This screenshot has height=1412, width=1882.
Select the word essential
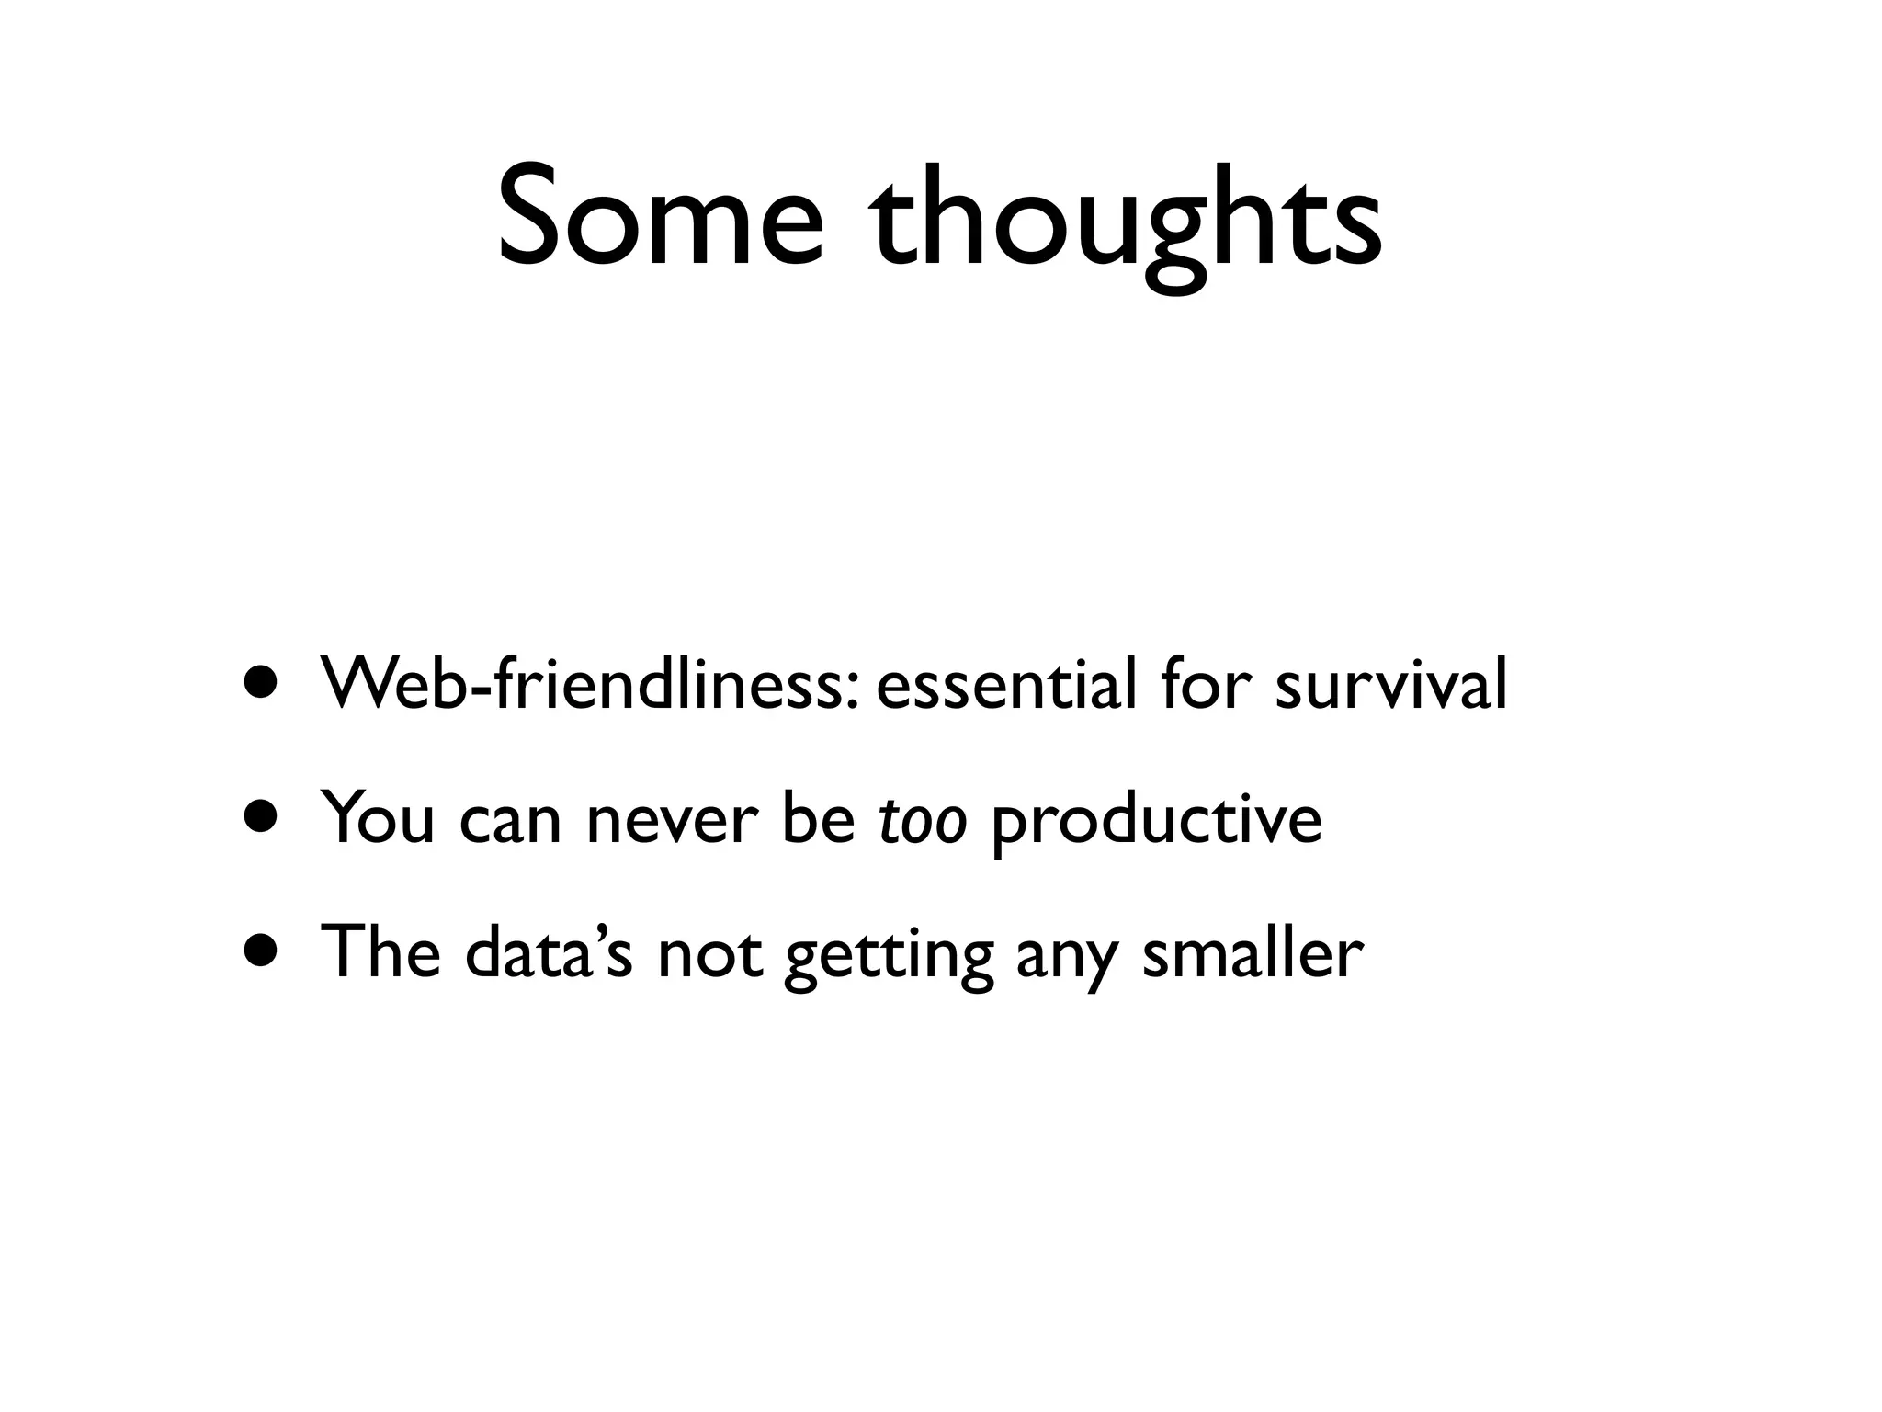pyautogui.click(x=1006, y=684)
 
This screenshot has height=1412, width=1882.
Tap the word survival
pyautogui.click(x=1390, y=684)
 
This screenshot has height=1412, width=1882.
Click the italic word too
pyautogui.click(x=923, y=818)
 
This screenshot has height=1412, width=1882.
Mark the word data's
pyautogui.click(x=549, y=952)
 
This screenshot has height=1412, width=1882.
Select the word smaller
pyautogui.click(x=1252, y=952)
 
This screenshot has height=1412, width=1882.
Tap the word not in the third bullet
pyautogui.click(x=709, y=954)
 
